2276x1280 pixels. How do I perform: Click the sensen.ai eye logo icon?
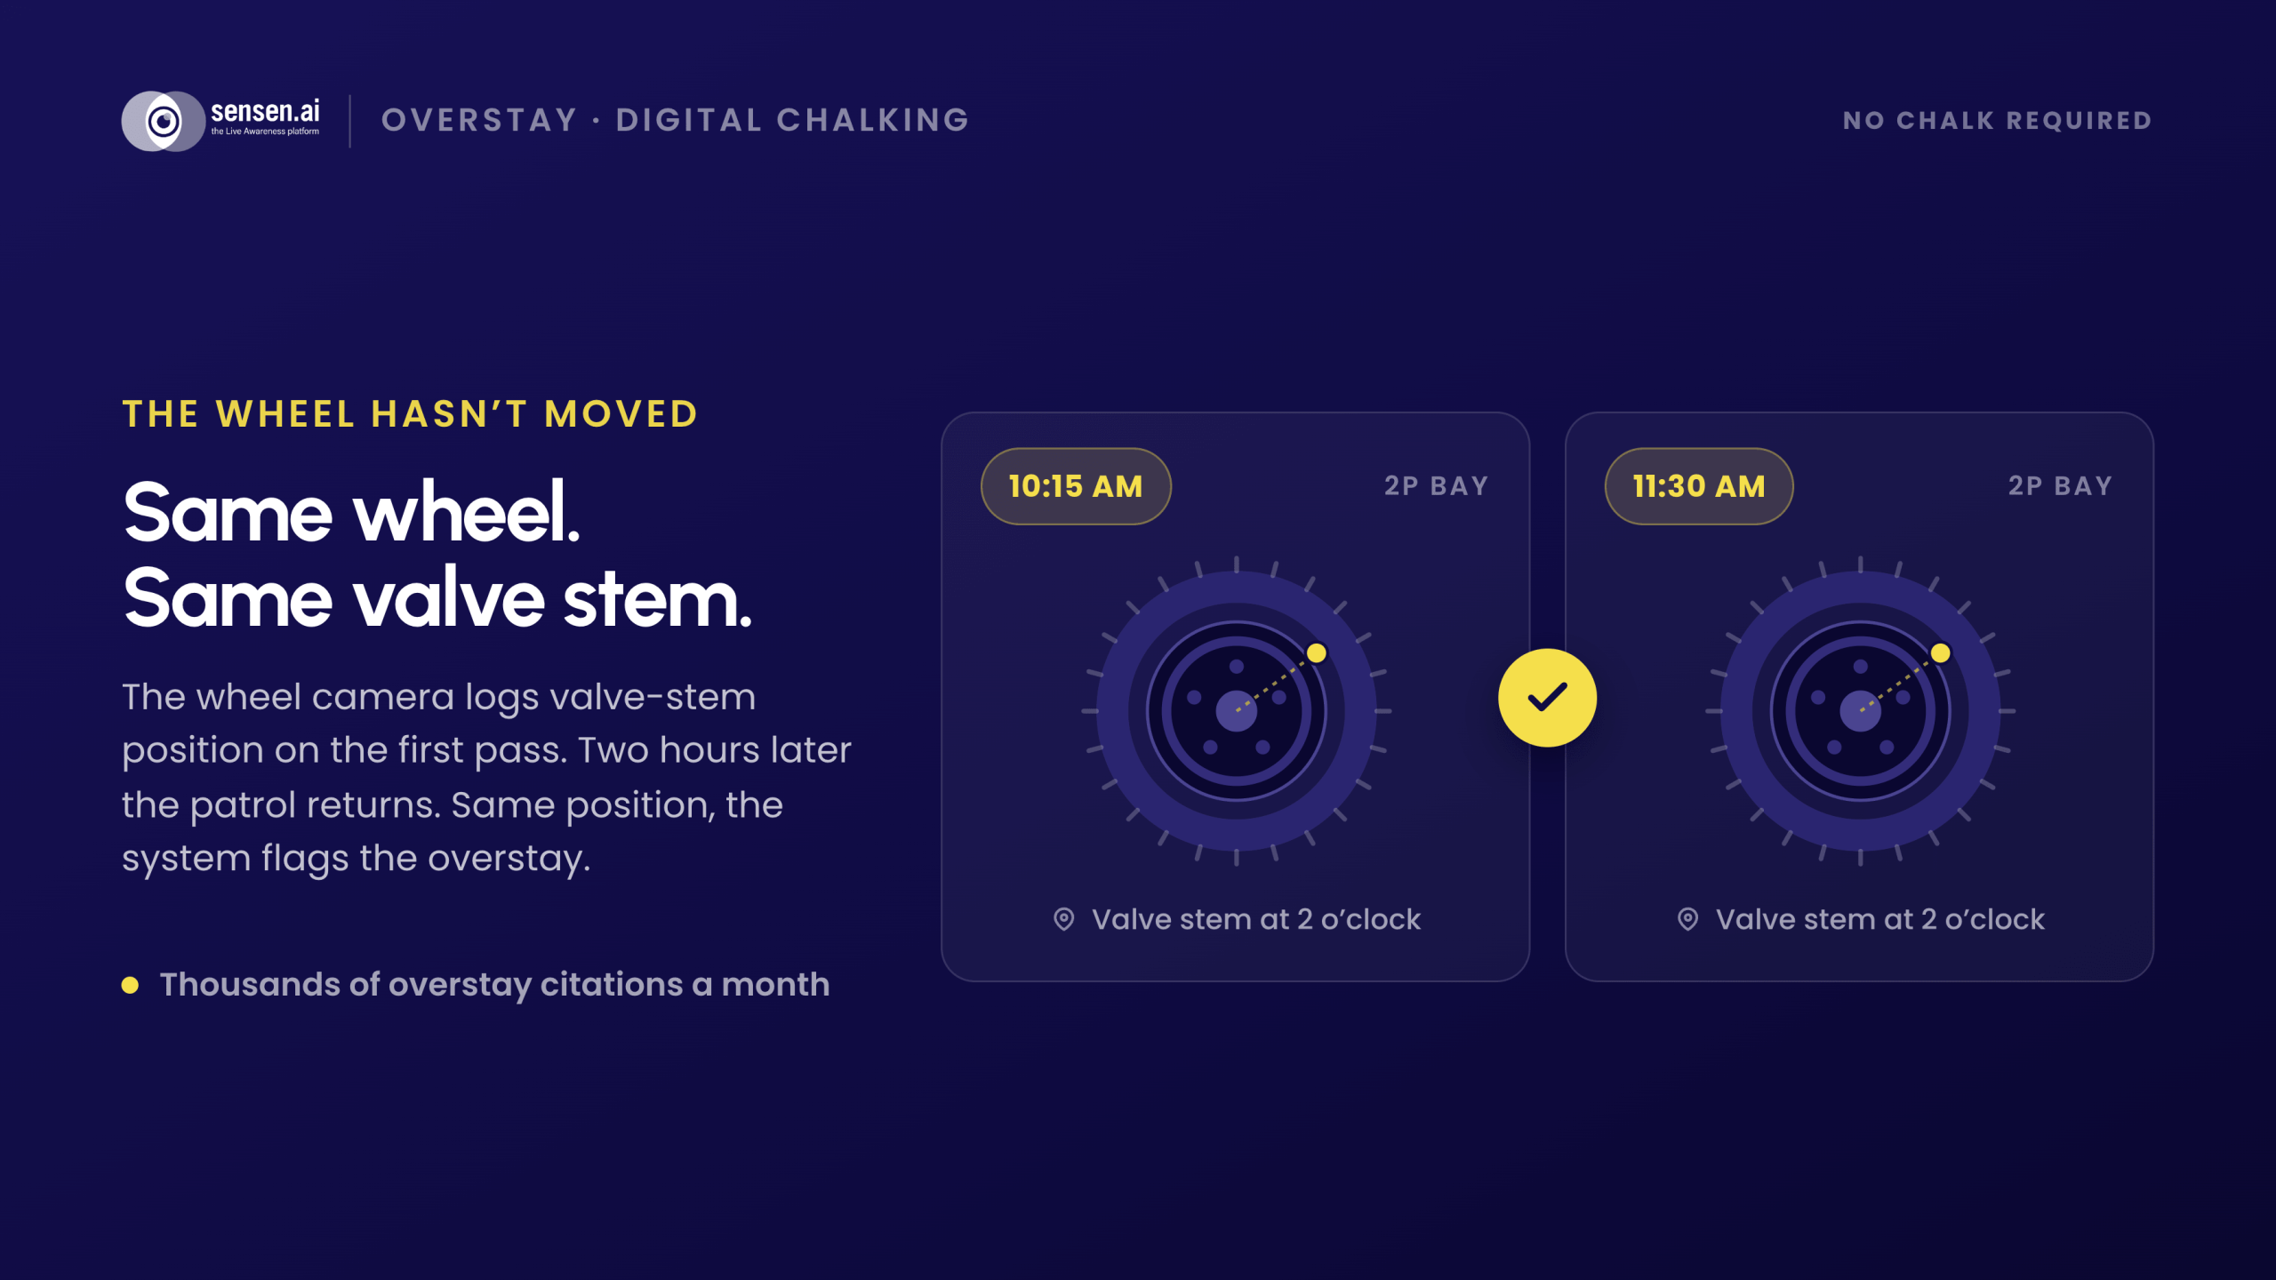[164, 121]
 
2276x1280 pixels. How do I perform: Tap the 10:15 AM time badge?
[1076, 486]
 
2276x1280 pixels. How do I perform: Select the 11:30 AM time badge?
[1699, 486]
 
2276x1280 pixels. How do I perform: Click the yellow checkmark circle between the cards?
[1547, 698]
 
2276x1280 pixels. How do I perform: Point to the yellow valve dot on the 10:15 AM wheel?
[1317, 653]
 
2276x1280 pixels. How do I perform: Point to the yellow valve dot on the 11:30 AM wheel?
[1941, 653]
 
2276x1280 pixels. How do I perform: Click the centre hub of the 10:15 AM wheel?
[1237, 711]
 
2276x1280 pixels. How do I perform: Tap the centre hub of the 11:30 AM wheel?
[1861, 711]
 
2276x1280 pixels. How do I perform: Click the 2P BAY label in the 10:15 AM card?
[1437, 486]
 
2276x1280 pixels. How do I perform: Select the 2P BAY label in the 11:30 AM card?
[2060, 486]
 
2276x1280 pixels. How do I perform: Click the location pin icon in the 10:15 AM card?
[1063, 919]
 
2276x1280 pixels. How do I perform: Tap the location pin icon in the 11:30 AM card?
[1687, 919]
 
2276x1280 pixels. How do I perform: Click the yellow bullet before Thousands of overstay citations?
[130, 985]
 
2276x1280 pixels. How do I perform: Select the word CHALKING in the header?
[873, 120]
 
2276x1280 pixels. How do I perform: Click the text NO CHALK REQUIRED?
[1997, 120]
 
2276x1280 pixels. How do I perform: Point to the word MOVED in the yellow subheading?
[621, 414]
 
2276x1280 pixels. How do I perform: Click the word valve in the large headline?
[449, 598]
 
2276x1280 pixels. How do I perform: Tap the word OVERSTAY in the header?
[480, 120]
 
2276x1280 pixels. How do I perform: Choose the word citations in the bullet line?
[612, 985]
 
